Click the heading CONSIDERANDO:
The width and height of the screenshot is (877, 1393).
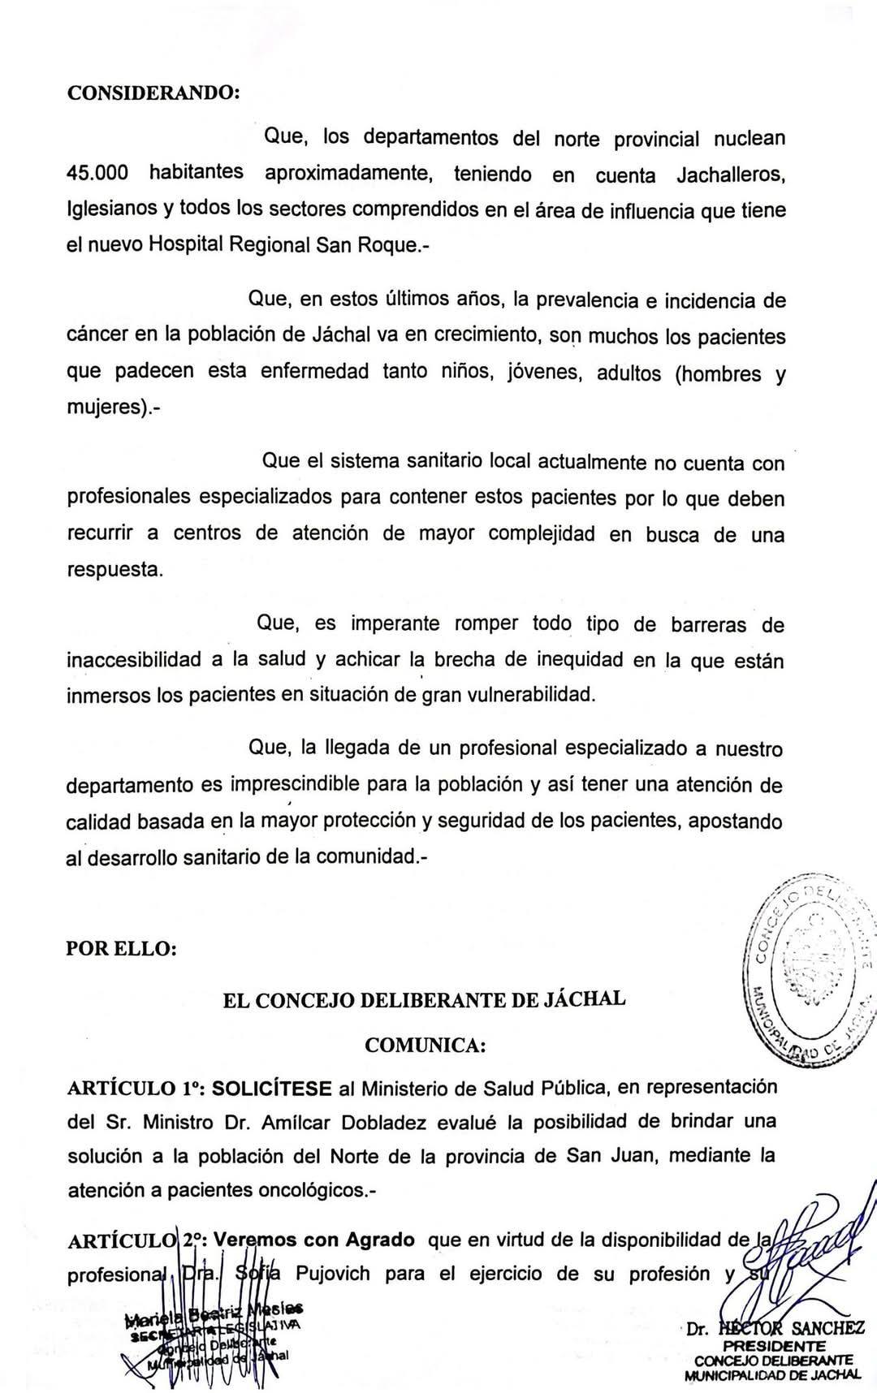pos(153,92)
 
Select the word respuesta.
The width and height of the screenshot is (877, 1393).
pos(114,569)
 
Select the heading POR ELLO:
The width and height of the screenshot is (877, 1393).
pos(121,948)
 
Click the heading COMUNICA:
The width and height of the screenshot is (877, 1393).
pos(426,1045)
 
